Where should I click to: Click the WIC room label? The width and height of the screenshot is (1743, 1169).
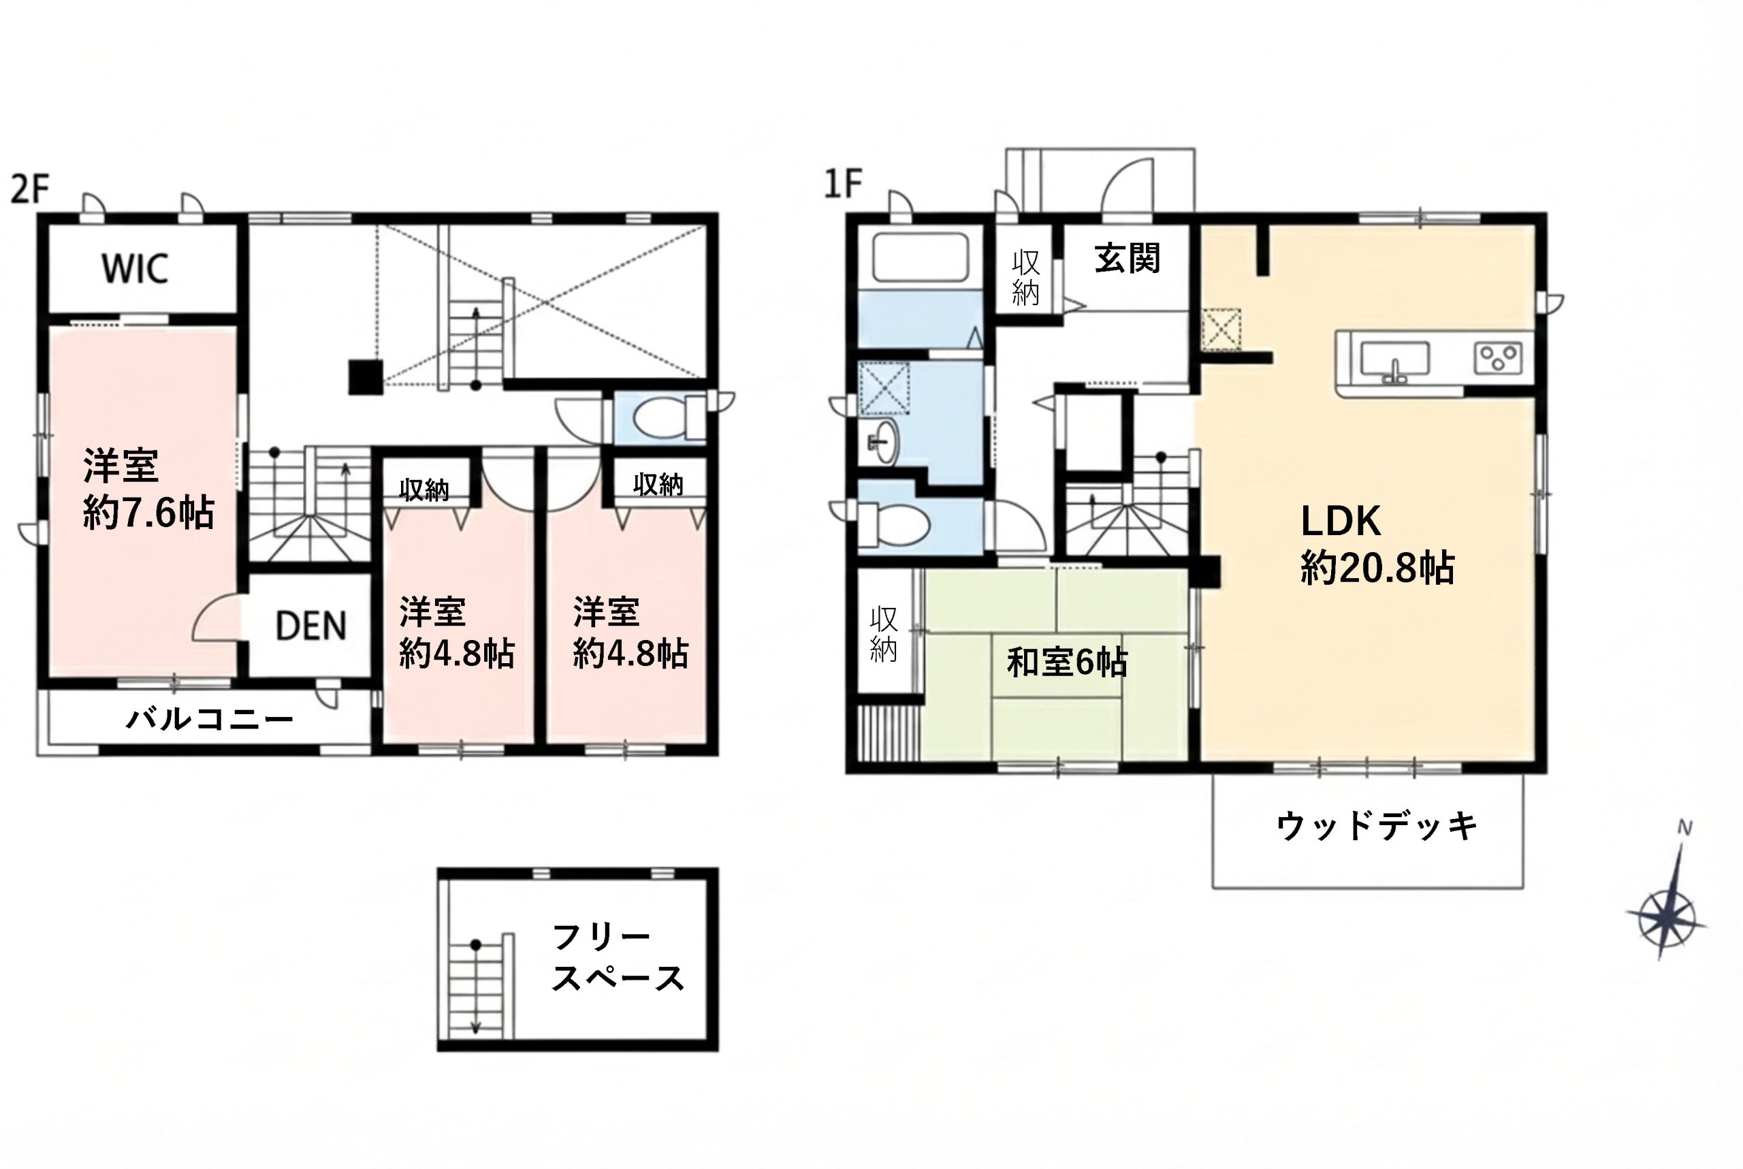coord(134,268)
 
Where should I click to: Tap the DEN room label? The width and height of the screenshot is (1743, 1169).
coord(311,626)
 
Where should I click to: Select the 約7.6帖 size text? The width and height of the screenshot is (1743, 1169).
coord(148,513)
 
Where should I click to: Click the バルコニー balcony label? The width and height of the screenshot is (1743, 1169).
coord(210,720)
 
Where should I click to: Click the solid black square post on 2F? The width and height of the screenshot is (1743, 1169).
coord(366,377)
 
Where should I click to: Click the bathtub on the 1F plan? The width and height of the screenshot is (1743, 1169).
coord(920,258)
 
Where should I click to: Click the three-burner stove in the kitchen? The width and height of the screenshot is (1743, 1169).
coord(1498,358)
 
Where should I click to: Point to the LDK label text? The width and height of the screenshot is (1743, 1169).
coord(1341,521)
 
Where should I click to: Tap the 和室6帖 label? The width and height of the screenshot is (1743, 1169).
coord(1066,662)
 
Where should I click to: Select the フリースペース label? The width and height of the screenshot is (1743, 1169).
coord(618,957)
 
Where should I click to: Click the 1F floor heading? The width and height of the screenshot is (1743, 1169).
coord(843,183)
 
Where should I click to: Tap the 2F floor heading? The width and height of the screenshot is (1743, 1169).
coord(30,189)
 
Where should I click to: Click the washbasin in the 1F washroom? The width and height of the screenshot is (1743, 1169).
coord(885,442)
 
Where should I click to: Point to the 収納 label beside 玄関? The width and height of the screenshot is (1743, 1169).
coord(1026,278)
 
